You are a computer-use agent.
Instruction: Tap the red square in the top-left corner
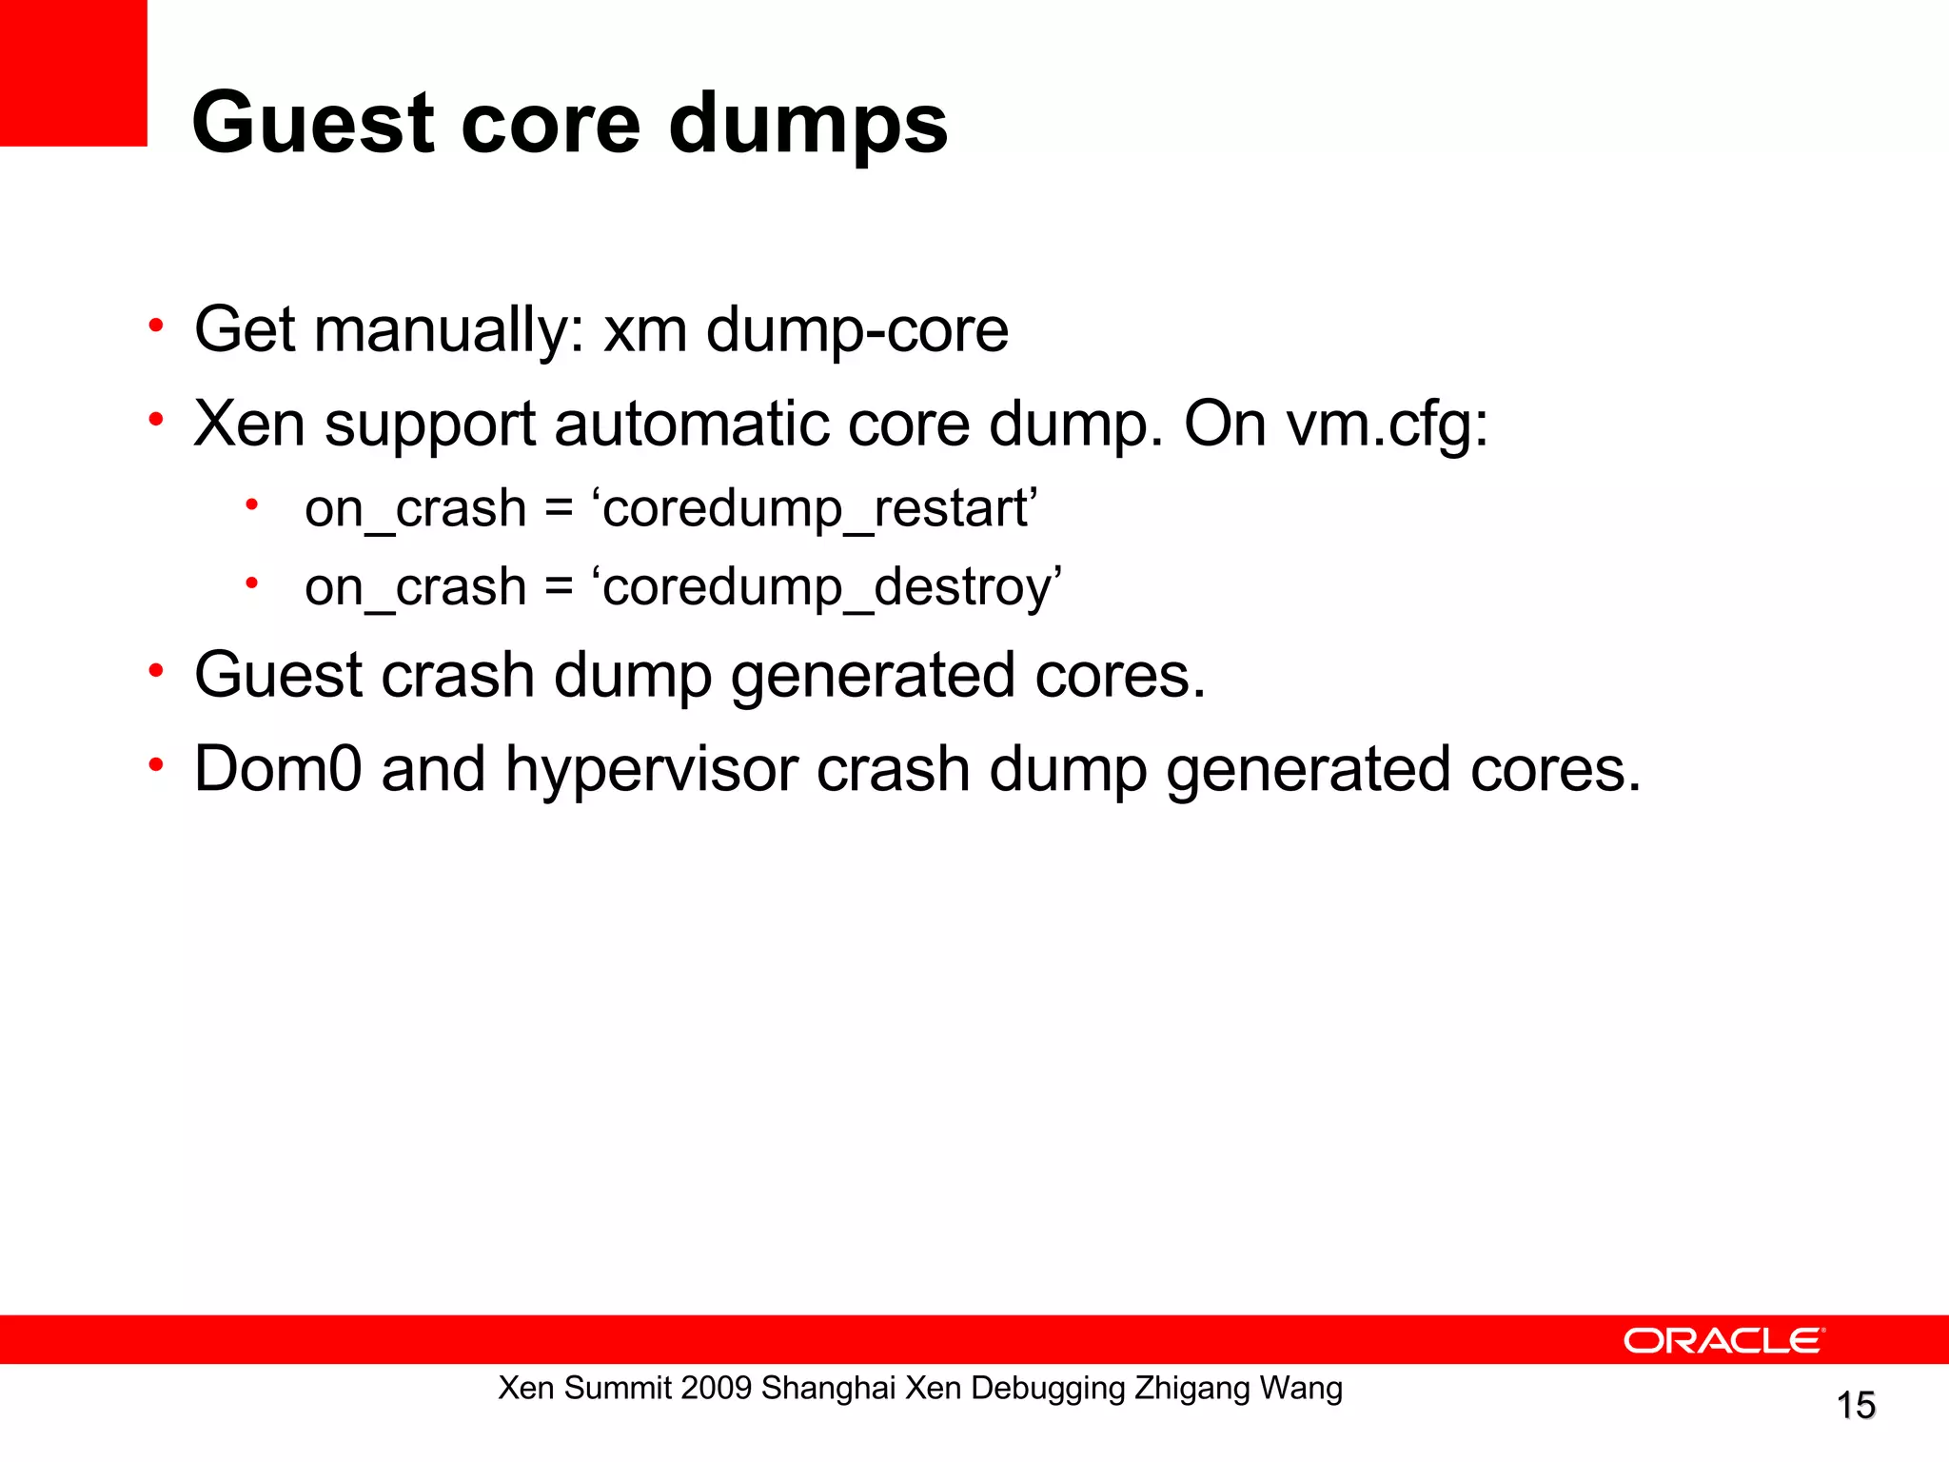point(72,72)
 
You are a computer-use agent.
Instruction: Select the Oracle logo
point(1723,1340)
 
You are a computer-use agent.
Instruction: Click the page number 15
point(1855,1406)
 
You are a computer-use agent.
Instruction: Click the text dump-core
point(856,330)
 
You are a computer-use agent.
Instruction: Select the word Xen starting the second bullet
point(249,424)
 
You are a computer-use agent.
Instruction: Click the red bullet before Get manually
point(156,326)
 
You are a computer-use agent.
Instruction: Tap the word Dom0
point(278,769)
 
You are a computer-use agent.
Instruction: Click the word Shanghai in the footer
point(828,1389)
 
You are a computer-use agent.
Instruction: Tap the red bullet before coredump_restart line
point(251,504)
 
